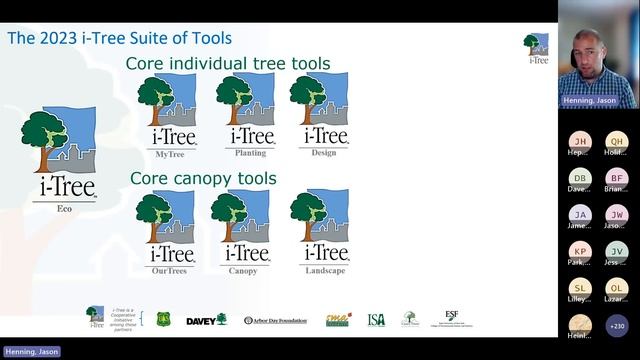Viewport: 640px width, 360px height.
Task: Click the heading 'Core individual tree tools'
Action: point(227,64)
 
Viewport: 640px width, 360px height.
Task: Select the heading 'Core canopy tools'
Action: point(203,179)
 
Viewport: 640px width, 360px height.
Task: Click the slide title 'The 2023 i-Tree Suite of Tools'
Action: point(120,39)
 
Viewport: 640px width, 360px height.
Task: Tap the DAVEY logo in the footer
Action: point(206,320)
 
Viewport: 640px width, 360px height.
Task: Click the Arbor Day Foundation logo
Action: point(277,320)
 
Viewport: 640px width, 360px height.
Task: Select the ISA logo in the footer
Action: point(376,320)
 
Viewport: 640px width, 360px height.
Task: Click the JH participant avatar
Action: point(580,142)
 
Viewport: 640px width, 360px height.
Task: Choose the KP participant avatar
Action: point(580,251)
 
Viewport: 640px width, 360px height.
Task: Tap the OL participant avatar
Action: point(617,288)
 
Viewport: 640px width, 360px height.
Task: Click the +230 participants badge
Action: point(617,324)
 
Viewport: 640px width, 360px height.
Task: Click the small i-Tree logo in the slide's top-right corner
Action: point(537,47)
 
